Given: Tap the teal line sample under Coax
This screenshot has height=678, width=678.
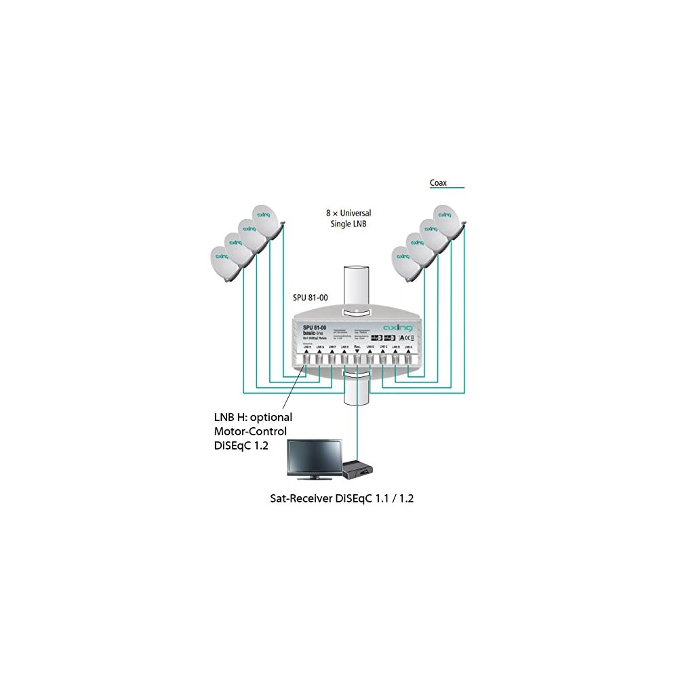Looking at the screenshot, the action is click(x=447, y=188).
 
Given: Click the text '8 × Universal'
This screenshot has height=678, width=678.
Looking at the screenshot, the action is click(x=348, y=213).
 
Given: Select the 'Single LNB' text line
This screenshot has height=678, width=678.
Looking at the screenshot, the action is click(x=348, y=224).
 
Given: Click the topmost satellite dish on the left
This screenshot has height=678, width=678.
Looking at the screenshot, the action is click(x=265, y=220).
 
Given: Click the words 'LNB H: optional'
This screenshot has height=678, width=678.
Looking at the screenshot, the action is click(x=252, y=417).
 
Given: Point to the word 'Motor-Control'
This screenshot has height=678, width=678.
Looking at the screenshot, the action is click(x=250, y=431).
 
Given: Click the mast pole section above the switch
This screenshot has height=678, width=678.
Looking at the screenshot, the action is click(x=357, y=285).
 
